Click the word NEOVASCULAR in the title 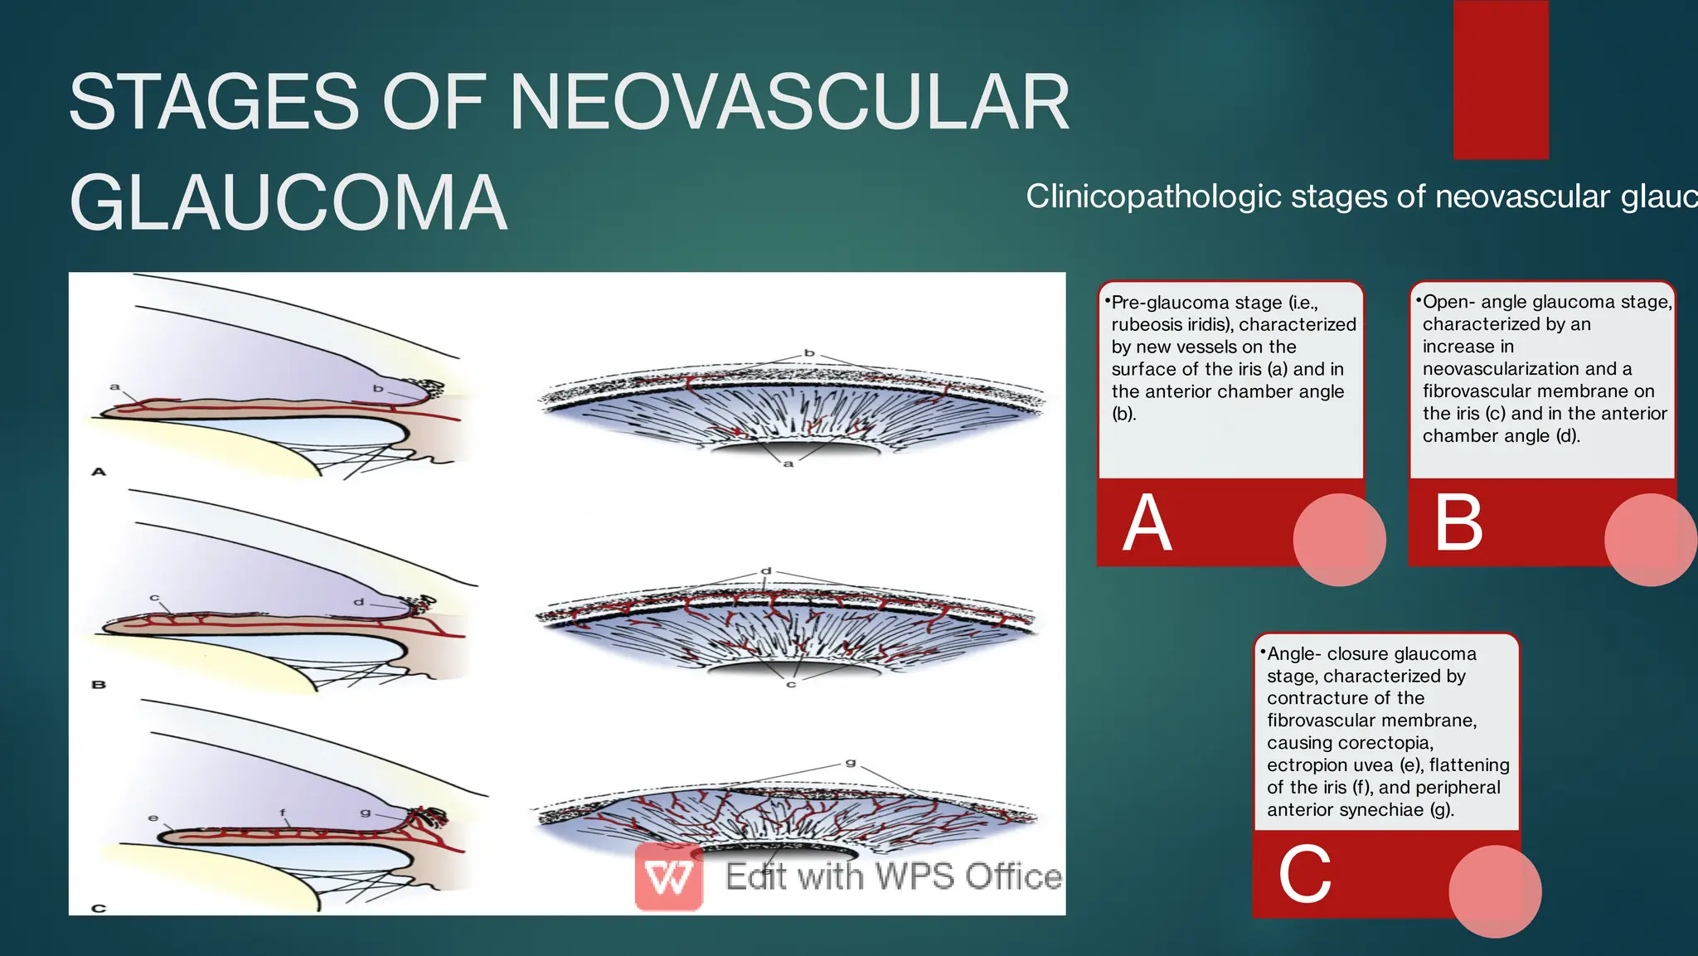tap(789, 102)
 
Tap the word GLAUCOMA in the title tap(288, 203)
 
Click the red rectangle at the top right tap(1500, 79)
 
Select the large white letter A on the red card tap(1147, 523)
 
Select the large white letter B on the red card tap(1458, 523)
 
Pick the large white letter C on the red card tap(1304, 875)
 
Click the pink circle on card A tap(1339, 540)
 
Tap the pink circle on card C tap(1494, 891)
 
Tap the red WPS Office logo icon tap(669, 878)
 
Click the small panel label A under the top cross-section tap(99, 472)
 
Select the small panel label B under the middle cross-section tap(99, 685)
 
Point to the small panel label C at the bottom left tap(99, 908)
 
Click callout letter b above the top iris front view tap(809, 353)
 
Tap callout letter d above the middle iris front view tap(766, 571)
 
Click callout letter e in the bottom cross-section tap(153, 818)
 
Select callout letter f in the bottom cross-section tap(283, 813)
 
